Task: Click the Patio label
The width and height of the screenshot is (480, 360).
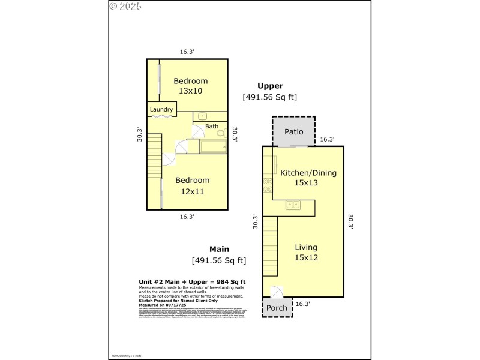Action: [293, 131]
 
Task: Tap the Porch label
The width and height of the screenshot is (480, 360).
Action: [277, 308]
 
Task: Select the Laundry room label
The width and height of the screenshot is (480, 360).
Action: [161, 109]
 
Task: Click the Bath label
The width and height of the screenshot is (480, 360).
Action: [212, 126]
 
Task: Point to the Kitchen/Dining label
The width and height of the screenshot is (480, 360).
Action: [308, 173]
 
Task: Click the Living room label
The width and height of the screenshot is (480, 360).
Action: [306, 247]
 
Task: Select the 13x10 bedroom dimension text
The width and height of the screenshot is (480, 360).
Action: [190, 91]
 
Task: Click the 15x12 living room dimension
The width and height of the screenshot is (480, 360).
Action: [306, 257]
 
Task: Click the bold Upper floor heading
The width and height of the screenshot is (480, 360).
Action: [270, 86]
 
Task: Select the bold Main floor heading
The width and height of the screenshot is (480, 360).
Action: [220, 249]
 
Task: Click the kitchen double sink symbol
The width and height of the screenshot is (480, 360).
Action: [293, 205]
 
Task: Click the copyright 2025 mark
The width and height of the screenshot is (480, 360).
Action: [127, 7]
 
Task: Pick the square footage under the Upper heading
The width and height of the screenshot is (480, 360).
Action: [269, 97]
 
